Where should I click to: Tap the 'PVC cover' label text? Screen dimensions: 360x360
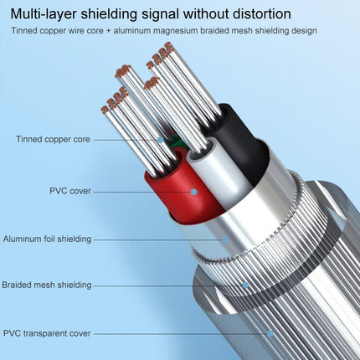tap(68, 191)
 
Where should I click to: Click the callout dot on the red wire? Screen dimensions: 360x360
tap(193, 191)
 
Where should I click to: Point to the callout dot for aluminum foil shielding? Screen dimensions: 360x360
tap(224, 239)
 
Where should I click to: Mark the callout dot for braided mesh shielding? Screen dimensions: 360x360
tap(245, 285)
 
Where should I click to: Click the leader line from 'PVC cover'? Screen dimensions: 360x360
tap(142, 191)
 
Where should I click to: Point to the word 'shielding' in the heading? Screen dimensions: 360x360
tap(118, 14)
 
